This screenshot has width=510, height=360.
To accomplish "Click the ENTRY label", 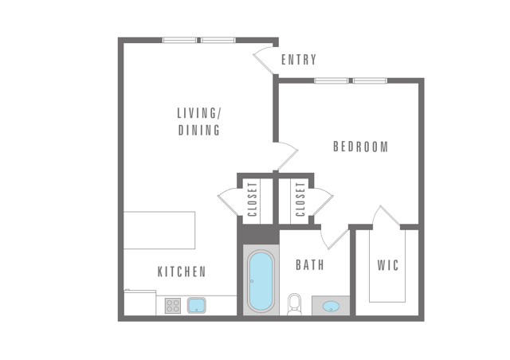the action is pyautogui.click(x=299, y=60).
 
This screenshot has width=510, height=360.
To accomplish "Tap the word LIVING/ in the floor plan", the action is pyautogui.click(x=199, y=113).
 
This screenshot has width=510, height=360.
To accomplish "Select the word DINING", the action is pyautogui.click(x=199, y=130).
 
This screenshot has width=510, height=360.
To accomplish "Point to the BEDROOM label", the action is pyautogui.click(x=361, y=147).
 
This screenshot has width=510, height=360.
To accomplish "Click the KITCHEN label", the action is pyautogui.click(x=182, y=272).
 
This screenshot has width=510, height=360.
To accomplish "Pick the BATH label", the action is pyautogui.click(x=310, y=265).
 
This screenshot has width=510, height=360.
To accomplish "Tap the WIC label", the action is pyautogui.click(x=388, y=265).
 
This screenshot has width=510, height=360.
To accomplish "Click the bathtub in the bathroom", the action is pyautogui.click(x=261, y=280).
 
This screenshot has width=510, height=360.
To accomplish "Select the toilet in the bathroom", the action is pyautogui.click(x=295, y=304).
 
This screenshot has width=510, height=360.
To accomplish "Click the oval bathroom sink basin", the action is pyautogui.click(x=331, y=306).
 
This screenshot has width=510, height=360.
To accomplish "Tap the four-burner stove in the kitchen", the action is pyautogui.click(x=173, y=306).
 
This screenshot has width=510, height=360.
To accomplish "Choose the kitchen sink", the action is pyautogui.click(x=197, y=306).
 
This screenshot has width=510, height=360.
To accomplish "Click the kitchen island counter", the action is pyautogui.click(x=159, y=230).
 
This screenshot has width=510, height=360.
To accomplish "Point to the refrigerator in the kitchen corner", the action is pyautogui.click(x=140, y=303).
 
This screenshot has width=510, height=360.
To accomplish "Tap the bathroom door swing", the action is pyautogui.click(x=334, y=238).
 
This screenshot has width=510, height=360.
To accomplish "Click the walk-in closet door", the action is pyautogui.click(x=386, y=217).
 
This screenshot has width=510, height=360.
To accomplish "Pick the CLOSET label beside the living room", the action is pyautogui.click(x=253, y=199).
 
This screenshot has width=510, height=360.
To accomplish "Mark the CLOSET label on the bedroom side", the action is pyautogui.click(x=300, y=199).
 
